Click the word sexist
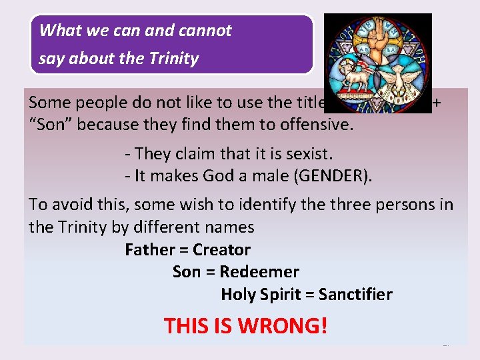(306, 154)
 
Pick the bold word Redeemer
(259, 272)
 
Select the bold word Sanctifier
(355, 294)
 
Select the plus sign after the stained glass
(437, 103)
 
